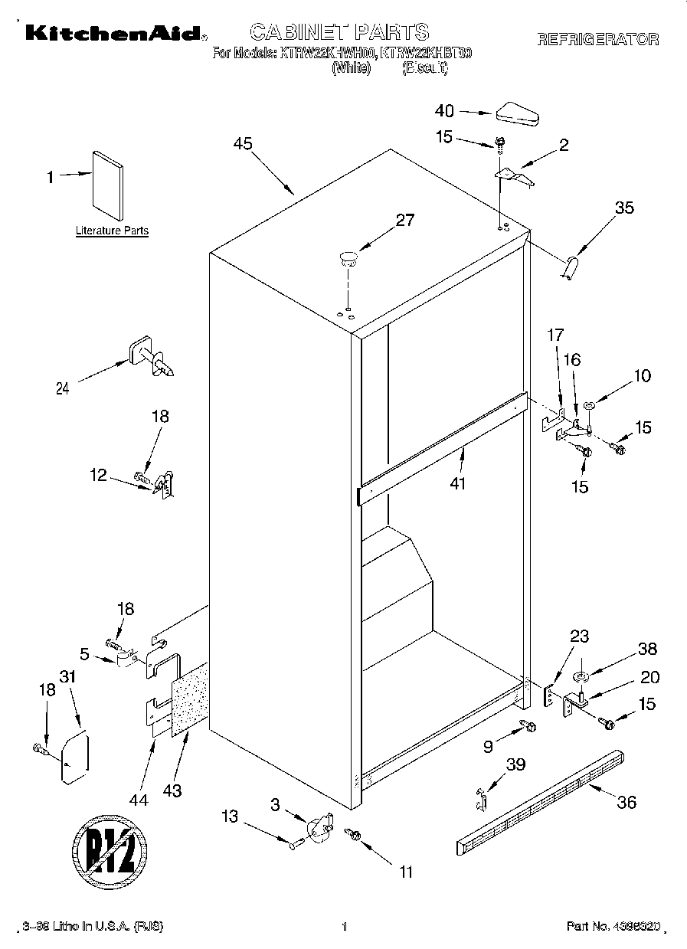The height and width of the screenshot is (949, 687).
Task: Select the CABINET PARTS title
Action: [x=339, y=31]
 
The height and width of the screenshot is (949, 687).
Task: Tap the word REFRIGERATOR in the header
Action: [x=597, y=40]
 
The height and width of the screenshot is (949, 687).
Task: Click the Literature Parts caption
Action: [x=112, y=231]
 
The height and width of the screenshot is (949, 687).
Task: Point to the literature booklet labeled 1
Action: [x=107, y=182]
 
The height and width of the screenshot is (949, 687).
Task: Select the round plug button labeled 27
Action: [x=348, y=258]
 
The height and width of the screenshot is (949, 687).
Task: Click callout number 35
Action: [x=624, y=208]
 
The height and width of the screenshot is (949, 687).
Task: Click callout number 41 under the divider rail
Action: [x=458, y=483]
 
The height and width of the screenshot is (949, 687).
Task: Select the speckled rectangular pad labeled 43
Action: [x=190, y=698]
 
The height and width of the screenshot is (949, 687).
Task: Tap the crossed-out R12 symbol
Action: [x=110, y=844]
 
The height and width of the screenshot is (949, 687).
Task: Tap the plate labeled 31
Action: [x=74, y=757]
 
